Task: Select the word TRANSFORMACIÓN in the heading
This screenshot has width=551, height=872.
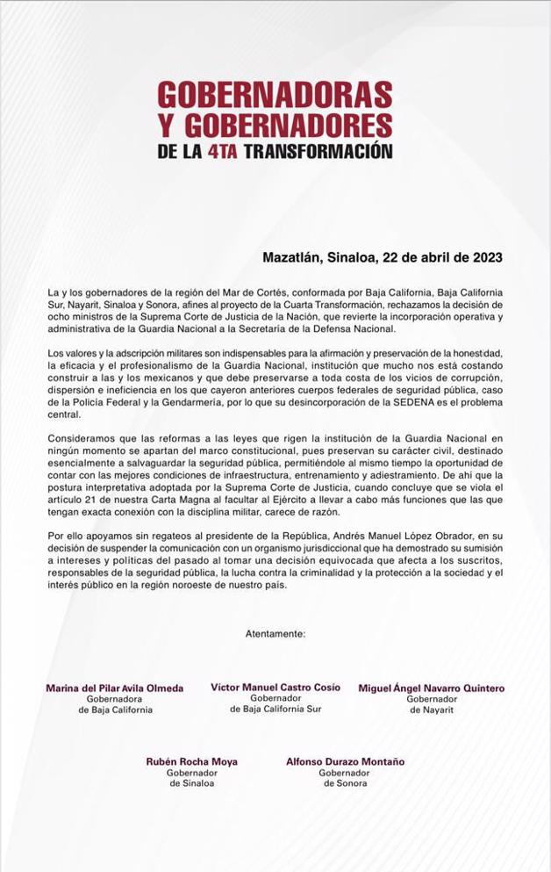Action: coord(317,150)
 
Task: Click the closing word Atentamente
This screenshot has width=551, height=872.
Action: coord(275,632)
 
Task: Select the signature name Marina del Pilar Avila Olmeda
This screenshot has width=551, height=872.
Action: coord(115,688)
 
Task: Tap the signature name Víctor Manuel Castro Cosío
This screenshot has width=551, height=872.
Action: coord(275,688)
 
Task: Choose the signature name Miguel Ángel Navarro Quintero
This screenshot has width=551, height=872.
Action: coord(432,688)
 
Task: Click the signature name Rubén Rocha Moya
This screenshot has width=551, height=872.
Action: coord(191,762)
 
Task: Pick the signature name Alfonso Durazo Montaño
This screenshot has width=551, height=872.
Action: coord(345,762)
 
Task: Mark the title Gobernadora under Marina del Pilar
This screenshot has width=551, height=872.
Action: coord(115,699)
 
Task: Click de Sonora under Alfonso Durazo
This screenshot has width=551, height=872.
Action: coord(345,783)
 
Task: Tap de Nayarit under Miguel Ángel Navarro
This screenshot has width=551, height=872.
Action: coord(432,710)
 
